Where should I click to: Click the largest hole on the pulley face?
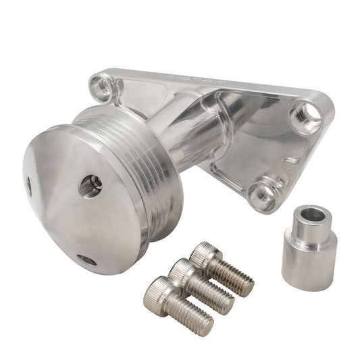point(90,186)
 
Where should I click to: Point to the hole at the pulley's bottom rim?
point(86,259)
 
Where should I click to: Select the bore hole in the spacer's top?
point(311,216)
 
